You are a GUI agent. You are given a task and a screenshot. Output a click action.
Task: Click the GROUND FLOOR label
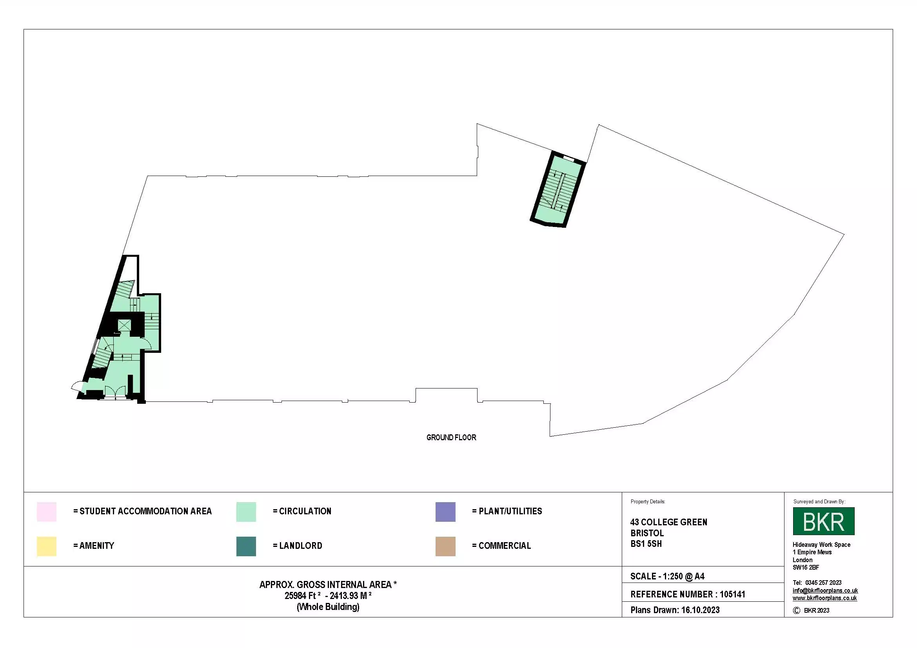coord(451,437)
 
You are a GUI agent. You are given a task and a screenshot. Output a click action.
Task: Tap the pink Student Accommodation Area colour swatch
coord(46,512)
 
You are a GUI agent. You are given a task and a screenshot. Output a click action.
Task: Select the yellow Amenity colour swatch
coord(46,546)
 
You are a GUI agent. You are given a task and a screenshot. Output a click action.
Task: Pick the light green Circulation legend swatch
coord(246,512)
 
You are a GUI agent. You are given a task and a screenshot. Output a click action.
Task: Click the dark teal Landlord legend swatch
coord(246,546)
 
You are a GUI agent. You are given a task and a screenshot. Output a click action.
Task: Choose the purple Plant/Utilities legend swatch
coord(445,512)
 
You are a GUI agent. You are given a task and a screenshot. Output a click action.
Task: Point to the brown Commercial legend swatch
coord(445,546)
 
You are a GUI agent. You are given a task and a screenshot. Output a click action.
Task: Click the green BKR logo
coord(823,521)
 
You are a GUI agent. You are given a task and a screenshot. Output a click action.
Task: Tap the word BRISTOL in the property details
coord(646,533)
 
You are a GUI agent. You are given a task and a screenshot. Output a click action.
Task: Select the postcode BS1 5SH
coord(646,544)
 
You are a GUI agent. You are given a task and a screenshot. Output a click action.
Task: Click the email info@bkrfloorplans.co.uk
coord(825,590)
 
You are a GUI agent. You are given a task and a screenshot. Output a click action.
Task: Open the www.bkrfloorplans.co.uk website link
coord(824,598)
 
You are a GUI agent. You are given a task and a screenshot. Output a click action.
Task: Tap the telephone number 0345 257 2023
coord(823,583)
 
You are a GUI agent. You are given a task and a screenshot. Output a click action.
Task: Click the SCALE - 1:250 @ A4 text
coord(667,576)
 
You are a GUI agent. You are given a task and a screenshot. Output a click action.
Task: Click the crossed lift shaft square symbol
coord(124,325)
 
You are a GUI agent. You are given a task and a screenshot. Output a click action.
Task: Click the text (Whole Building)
coord(328,607)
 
